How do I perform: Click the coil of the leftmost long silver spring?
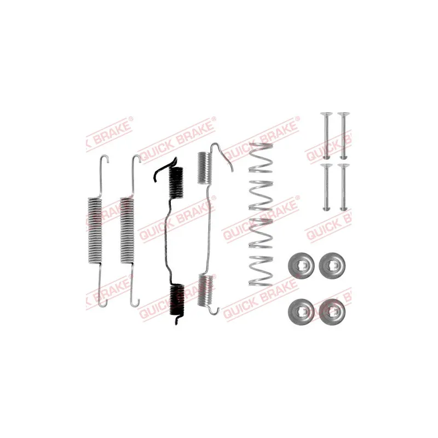pyautogui.click(x=95, y=230)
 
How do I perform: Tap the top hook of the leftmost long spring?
pyautogui.click(x=105, y=158)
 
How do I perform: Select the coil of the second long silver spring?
pyautogui.click(x=127, y=230)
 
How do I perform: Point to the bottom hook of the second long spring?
pyautogui.click(x=135, y=301)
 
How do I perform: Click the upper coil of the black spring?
pyautogui.click(x=176, y=183)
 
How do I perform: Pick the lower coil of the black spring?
pyautogui.click(x=177, y=299)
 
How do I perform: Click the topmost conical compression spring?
pyautogui.click(x=261, y=158)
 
